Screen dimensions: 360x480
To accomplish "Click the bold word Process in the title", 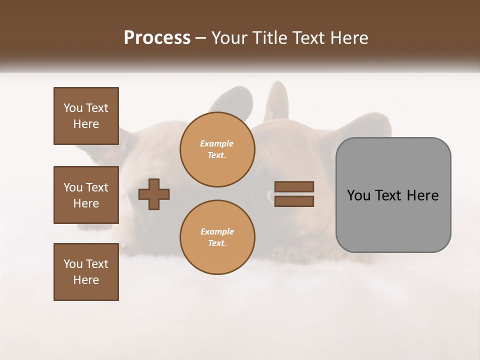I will (157, 38).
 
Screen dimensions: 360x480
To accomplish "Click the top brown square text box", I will (86, 116).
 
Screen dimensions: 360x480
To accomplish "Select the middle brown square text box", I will (86, 195).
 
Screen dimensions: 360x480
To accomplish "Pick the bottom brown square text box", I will (86, 272).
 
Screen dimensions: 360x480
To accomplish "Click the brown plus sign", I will (154, 194).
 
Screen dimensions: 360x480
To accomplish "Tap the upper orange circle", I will (217, 149).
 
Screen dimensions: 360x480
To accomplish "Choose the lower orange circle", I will (217, 237).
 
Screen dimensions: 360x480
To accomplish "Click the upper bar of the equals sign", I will (294, 187).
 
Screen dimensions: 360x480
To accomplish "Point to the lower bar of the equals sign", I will (294, 201).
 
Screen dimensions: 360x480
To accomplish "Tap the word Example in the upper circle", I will (217, 143).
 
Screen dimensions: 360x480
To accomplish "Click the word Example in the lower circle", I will (217, 231).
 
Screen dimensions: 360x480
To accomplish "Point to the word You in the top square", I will (72, 108).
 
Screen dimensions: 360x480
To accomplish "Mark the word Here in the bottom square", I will (86, 280).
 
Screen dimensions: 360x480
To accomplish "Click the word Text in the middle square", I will (97, 187).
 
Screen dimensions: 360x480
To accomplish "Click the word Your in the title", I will (228, 38).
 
